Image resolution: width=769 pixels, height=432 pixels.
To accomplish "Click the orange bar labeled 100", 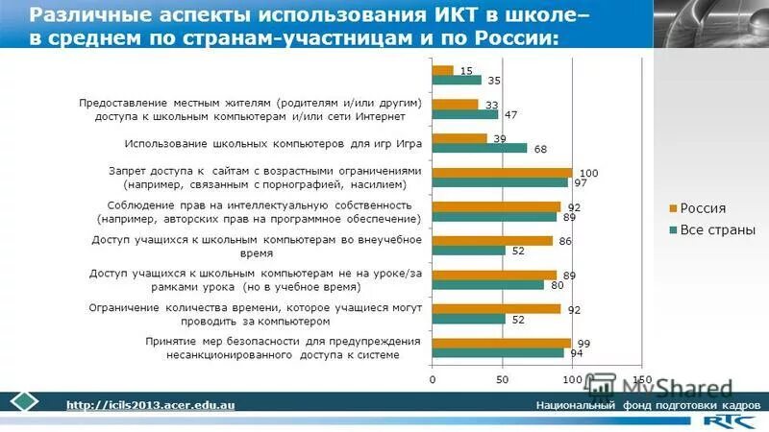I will [502, 172].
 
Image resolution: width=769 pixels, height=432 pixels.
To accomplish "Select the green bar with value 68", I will [480, 148].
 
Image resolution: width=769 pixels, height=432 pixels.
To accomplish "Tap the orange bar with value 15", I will [442, 70].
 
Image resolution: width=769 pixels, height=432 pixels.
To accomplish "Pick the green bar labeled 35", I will [457, 80].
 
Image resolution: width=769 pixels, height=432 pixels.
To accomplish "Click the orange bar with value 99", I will [501, 343].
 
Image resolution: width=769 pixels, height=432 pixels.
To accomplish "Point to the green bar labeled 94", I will [498, 352].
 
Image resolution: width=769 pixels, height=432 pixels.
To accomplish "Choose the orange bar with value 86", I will [492, 240].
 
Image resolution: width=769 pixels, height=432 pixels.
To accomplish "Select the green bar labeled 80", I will [488, 284].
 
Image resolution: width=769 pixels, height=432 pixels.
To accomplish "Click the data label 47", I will [511, 114].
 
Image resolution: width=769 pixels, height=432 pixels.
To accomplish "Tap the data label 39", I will [500, 139].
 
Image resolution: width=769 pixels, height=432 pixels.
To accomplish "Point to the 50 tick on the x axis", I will [502, 380].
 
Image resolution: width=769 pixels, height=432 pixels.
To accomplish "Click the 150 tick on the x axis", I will [642, 380].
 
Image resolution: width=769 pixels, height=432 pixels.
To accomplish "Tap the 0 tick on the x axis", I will [433, 380].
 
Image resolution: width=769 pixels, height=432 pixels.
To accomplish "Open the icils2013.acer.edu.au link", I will [150, 406].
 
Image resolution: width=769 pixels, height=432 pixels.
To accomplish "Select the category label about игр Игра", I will [260, 143].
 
